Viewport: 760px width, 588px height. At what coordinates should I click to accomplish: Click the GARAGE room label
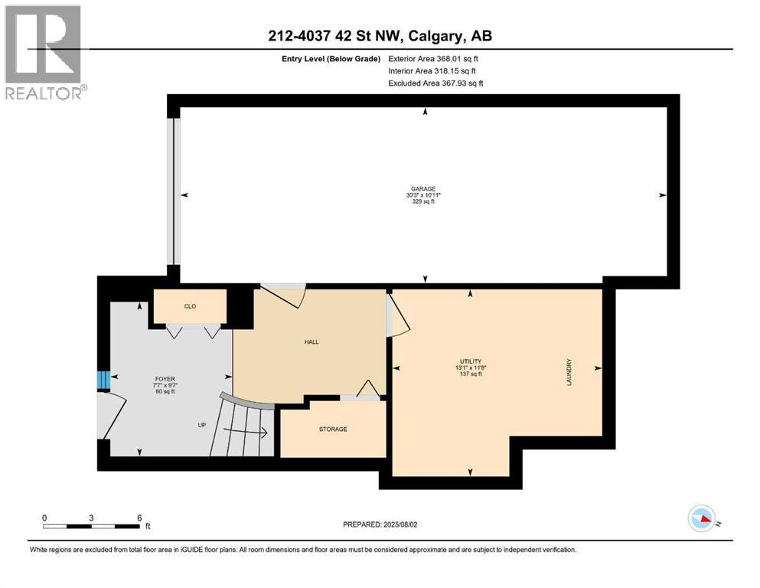coord(422,188)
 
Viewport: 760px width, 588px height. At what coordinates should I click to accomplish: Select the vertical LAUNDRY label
coord(569,372)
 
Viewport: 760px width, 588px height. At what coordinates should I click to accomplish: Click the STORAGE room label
coord(333,429)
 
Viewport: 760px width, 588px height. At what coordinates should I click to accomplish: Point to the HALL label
coord(311,341)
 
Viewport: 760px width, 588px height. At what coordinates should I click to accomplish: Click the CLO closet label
coord(191,306)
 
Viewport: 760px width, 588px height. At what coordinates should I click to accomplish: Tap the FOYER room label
coord(165,378)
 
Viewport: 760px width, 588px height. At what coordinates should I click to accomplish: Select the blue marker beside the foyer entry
coord(103,380)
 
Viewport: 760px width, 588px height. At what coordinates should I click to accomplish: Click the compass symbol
coord(702,518)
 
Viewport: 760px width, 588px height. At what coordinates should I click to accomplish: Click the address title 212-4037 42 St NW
coord(379,36)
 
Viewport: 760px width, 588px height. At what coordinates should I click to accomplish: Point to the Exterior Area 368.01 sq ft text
coord(435,58)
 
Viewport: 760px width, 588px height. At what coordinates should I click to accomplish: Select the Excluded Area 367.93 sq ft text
coord(435,83)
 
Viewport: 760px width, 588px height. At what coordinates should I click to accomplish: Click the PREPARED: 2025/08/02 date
coord(380,524)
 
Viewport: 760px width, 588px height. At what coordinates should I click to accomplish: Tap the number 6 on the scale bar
coord(139,518)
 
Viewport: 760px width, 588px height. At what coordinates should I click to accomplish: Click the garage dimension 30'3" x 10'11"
coord(422,195)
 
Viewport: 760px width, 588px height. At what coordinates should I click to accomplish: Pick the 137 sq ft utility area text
coord(470,374)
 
